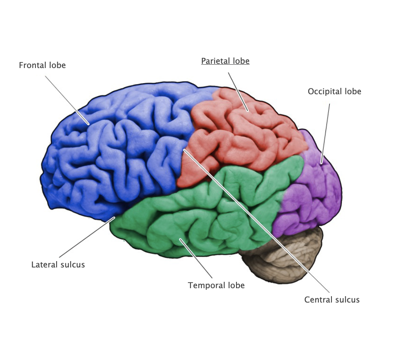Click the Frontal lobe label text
click(x=42, y=65)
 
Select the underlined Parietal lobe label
click(x=225, y=61)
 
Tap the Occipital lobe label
click(x=334, y=91)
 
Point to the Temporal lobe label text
click(x=216, y=285)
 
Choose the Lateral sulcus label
click(x=58, y=265)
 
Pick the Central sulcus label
click(x=332, y=300)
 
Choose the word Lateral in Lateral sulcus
click(x=43, y=265)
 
